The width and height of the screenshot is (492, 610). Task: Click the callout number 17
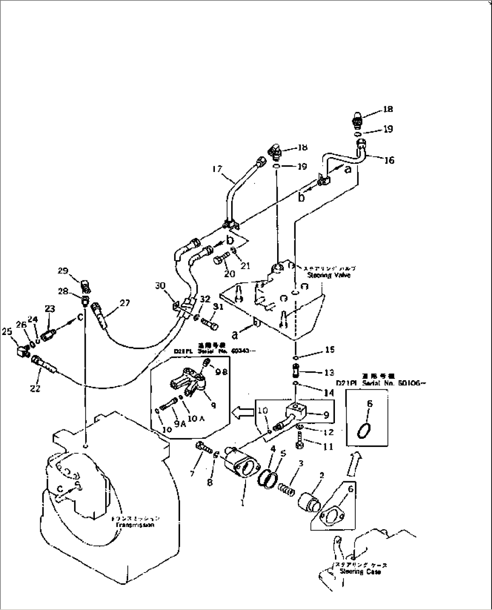click(x=217, y=169)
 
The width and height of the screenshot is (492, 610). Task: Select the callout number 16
click(x=389, y=160)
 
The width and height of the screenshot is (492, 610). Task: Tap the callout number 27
click(x=125, y=303)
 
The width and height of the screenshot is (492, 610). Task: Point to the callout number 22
click(x=35, y=388)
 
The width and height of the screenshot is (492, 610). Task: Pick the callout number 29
click(x=63, y=271)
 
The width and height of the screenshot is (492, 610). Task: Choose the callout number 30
click(x=160, y=285)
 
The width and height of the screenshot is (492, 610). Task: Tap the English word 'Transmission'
click(x=135, y=526)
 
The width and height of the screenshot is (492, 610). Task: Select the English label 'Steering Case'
click(x=360, y=572)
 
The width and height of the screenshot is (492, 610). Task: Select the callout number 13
click(x=329, y=373)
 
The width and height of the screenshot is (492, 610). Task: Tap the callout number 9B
click(x=221, y=372)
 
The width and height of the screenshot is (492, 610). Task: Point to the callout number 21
click(x=245, y=266)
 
